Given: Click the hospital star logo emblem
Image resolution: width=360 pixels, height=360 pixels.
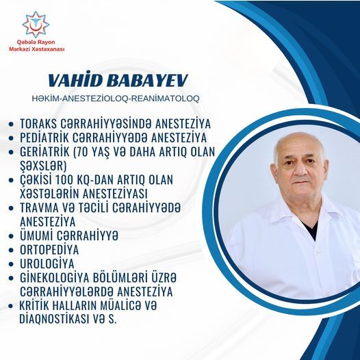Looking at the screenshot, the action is pyautogui.click(x=36, y=25).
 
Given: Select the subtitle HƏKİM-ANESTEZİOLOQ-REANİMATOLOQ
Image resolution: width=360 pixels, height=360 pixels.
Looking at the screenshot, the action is pyautogui.click(x=116, y=99).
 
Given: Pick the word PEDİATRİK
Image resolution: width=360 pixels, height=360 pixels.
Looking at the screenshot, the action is pyautogui.click(x=44, y=138).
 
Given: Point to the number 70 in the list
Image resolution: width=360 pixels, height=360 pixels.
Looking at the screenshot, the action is pyautogui.click(x=82, y=152).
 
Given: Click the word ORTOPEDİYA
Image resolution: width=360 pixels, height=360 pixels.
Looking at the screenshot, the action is pyautogui.click(x=49, y=250).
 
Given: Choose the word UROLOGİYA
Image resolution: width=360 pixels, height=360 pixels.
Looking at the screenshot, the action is pyautogui.click(x=47, y=263).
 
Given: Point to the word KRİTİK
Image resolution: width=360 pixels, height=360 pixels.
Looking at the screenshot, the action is pyautogui.click(x=34, y=305).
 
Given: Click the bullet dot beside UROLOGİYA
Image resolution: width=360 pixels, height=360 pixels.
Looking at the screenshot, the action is pyautogui.click(x=11, y=264).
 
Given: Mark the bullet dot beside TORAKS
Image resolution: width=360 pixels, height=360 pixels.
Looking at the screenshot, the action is pyautogui.click(x=11, y=125).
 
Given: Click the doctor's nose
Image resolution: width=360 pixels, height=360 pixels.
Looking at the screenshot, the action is pyautogui.click(x=300, y=170).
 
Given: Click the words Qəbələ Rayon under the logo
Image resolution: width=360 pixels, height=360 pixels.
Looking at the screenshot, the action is pyautogui.click(x=36, y=42).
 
